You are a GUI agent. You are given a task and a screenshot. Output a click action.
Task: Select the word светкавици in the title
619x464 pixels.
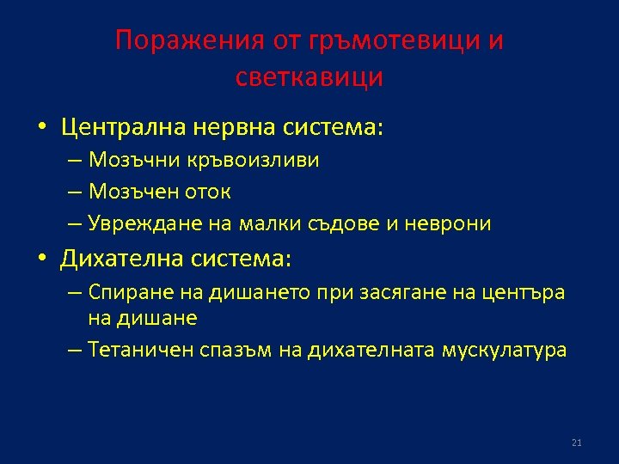click(309, 77)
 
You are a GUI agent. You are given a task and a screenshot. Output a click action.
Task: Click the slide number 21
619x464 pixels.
click(576, 443)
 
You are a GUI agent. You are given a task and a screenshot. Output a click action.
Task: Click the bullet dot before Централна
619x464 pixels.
click(40, 129)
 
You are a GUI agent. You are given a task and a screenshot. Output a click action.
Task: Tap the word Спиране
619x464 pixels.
click(122, 293)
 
